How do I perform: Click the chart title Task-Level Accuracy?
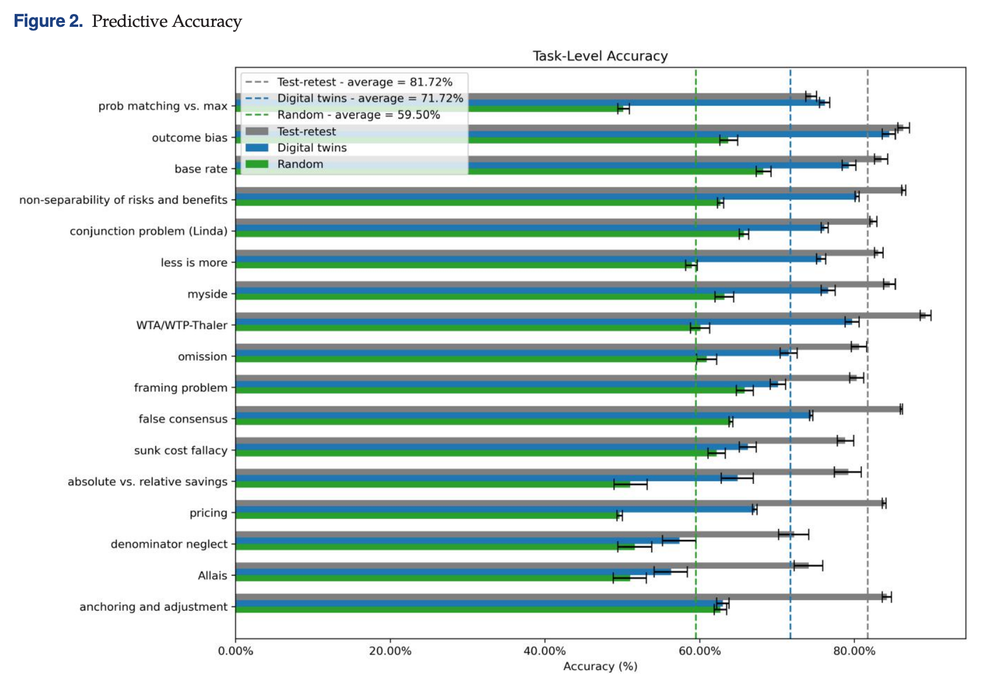pyautogui.click(x=600, y=56)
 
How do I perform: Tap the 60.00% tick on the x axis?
pyautogui.click(x=699, y=651)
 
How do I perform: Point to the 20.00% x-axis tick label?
pyautogui.click(x=390, y=651)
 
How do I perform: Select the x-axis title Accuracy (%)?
pyautogui.click(x=600, y=666)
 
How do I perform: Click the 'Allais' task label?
pyautogui.click(x=212, y=576)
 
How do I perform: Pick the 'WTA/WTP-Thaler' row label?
pyautogui.click(x=182, y=325)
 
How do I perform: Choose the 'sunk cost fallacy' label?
pyautogui.click(x=180, y=451)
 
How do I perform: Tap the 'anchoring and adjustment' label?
pyautogui.click(x=153, y=607)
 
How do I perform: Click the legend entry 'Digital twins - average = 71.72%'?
pyautogui.click(x=370, y=99)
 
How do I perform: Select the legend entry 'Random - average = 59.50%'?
pyautogui.click(x=358, y=115)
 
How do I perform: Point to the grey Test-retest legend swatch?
pyautogui.click(x=257, y=131)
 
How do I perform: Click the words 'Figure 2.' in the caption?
pyautogui.click(x=48, y=22)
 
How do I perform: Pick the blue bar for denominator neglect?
pyautogui.click(x=456, y=541)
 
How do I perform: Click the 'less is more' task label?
pyautogui.click(x=194, y=263)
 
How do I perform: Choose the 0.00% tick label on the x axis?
pyautogui.click(x=235, y=651)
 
